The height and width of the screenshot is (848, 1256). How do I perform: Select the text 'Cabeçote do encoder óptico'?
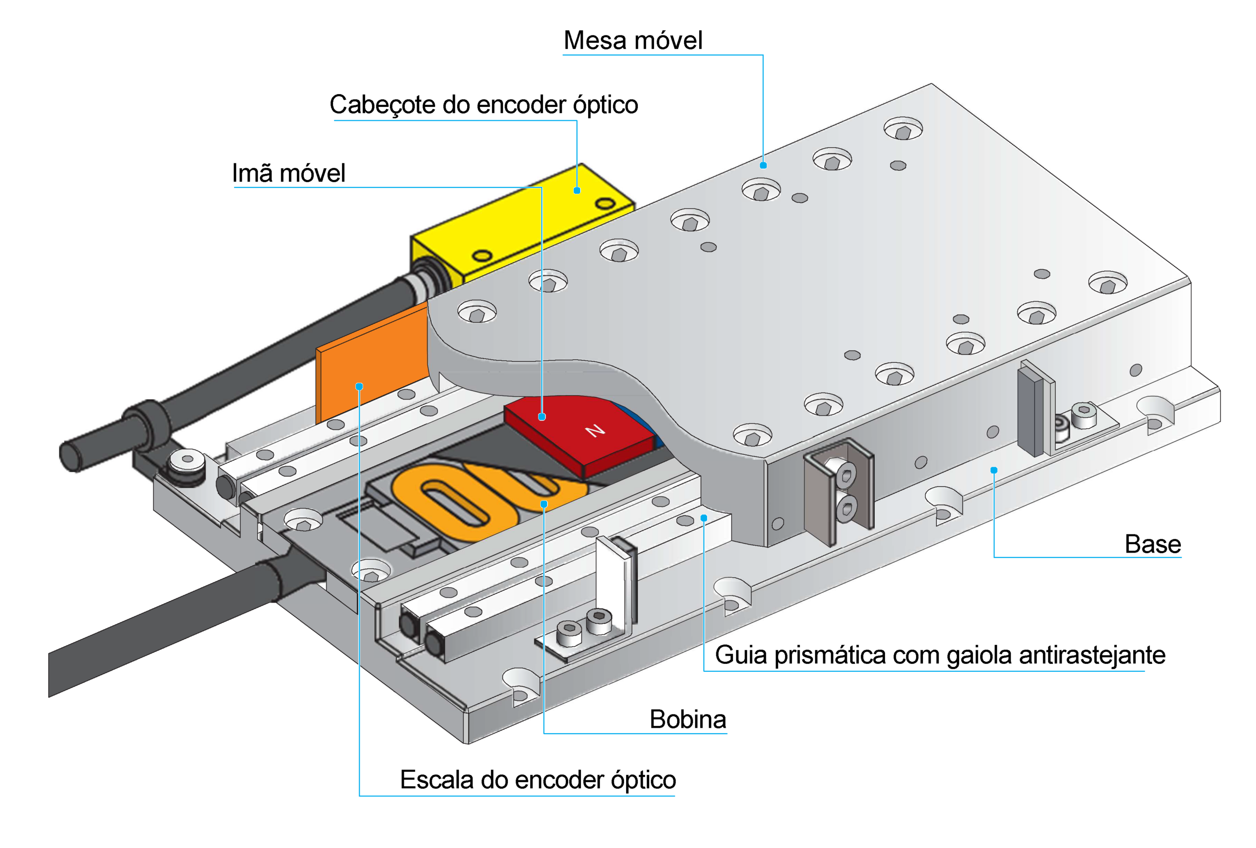[484, 105]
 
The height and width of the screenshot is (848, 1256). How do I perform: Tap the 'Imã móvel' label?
[288, 173]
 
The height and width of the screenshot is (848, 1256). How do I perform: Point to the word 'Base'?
[1153, 544]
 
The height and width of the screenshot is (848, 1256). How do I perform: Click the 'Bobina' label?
[688, 719]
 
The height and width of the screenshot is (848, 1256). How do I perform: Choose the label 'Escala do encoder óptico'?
[538, 779]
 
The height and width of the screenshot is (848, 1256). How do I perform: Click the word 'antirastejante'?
[1092, 655]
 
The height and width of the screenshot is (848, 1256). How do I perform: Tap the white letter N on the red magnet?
[595, 430]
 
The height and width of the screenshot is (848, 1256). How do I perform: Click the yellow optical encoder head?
[522, 227]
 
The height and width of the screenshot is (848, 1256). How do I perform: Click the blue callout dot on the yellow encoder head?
[576, 190]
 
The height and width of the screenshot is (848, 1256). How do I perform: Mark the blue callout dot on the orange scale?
[359, 386]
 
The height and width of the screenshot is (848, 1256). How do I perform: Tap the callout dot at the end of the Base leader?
[994, 470]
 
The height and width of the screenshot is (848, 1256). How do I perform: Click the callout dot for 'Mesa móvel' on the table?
[763, 165]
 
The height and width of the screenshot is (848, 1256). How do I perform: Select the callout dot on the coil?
[544, 503]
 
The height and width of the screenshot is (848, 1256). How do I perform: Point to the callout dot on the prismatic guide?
[704, 518]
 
